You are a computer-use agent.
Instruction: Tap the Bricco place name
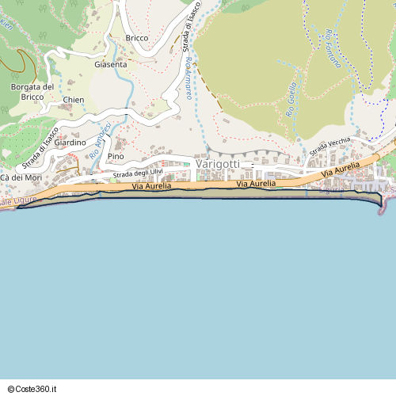coord(137,38)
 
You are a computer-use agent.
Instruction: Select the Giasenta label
coord(110,65)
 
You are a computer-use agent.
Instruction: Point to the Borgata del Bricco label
coord(32,91)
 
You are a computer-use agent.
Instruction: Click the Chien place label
coord(74,101)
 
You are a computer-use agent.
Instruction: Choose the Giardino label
coord(70,143)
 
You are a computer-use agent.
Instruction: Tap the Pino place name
coord(116,157)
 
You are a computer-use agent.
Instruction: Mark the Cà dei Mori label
coord(21,177)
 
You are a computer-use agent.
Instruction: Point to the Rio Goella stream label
coord(291,100)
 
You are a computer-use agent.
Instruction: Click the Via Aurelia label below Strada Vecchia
coord(340,169)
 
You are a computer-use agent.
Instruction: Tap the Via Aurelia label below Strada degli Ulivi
coord(152,186)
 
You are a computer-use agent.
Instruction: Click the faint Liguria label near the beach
coord(331,190)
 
